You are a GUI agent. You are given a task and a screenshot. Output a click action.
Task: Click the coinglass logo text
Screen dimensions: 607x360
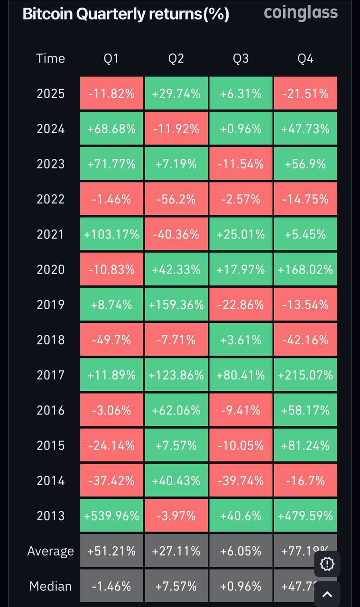tap(301, 13)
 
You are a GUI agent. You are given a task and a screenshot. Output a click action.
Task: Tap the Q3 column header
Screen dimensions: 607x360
tap(240, 58)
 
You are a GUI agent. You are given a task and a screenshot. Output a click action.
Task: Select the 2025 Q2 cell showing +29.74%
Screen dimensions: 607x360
tap(176, 93)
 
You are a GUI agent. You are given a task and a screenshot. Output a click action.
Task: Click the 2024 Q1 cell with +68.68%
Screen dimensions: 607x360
tap(111, 129)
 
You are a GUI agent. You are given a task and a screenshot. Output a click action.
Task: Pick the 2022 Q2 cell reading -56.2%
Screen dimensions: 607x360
tap(176, 199)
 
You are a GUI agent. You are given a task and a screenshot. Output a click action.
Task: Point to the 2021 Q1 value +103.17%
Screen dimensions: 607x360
tap(111, 234)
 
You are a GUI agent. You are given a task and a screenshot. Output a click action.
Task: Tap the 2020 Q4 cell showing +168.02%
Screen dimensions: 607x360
tap(305, 269)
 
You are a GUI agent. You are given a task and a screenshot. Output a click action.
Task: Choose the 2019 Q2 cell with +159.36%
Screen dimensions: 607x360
tap(176, 304)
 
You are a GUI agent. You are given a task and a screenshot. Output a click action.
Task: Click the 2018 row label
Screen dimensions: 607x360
tap(50, 340)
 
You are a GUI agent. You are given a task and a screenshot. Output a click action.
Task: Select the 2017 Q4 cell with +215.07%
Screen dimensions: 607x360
tap(305, 375)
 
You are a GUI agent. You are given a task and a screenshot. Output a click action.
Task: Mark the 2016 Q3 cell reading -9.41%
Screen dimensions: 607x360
tap(240, 410)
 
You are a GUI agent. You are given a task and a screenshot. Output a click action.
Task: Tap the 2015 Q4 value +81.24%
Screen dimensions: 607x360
tap(305, 445)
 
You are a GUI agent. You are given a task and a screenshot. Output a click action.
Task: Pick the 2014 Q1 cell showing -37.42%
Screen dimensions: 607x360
tap(111, 480)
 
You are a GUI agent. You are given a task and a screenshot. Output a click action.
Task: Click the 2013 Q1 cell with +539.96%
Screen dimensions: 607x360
tap(111, 515)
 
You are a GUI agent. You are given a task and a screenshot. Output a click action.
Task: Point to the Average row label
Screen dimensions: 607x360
tap(50, 551)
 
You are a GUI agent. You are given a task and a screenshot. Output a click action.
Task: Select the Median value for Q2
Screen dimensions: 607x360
tap(176, 586)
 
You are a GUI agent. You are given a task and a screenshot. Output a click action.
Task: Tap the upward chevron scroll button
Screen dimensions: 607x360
tap(327, 594)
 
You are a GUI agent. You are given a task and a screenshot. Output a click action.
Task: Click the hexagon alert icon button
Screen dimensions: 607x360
tap(327, 563)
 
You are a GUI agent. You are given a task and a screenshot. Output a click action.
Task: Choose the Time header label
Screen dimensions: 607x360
tap(50, 58)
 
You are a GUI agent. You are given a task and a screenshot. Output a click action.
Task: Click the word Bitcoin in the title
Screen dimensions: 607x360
tap(47, 14)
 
